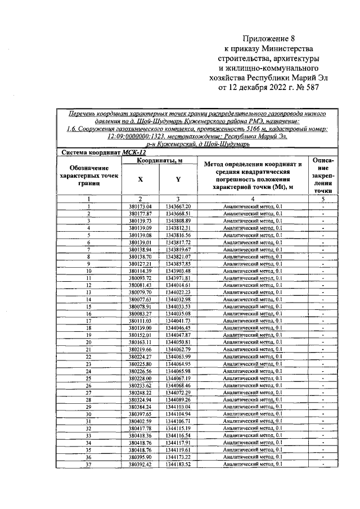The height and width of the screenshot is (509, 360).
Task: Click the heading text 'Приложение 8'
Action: (x=268, y=39)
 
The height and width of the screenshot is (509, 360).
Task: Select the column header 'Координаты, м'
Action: (x=160, y=161)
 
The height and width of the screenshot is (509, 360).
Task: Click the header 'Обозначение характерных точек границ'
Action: (x=89, y=175)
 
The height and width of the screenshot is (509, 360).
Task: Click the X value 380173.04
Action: (x=141, y=207)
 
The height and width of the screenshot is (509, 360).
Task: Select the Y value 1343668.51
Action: (x=178, y=214)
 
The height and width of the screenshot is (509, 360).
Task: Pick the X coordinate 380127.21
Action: (x=141, y=264)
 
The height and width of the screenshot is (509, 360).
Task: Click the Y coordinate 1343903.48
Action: (x=178, y=271)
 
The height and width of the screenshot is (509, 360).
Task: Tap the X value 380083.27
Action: (x=141, y=314)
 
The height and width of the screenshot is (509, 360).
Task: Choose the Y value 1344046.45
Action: (x=178, y=328)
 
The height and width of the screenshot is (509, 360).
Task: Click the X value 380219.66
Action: (x=141, y=349)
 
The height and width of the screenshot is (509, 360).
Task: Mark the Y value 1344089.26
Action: (x=178, y=399)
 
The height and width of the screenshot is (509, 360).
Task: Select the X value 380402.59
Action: (x=141, y=421)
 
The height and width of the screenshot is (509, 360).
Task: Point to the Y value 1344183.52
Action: (x=178, y=464)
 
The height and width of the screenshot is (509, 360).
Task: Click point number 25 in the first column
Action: (x=89, y=378)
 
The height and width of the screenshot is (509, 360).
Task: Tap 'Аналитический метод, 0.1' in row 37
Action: (x=252, y=464)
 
